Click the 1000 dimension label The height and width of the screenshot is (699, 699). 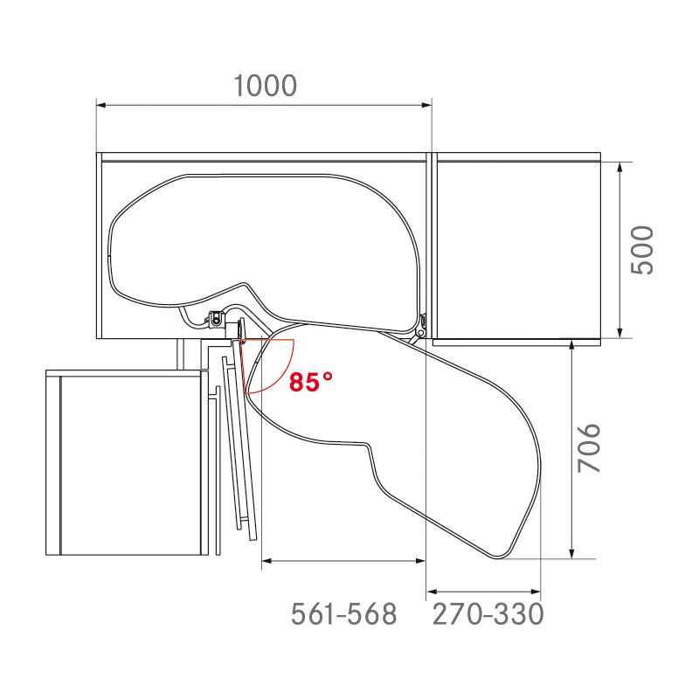(266, 86)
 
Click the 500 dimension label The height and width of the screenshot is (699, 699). (642, 250)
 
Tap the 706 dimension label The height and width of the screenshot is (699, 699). (592, 448)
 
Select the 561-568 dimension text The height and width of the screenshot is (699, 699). (343, 614)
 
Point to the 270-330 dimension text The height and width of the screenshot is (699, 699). (488, 614)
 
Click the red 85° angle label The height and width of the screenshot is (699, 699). (313, 382)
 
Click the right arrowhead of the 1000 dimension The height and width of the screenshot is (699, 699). (427, 106)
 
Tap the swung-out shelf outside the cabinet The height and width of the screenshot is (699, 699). (437, 419)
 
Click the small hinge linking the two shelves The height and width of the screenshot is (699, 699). (421, 325)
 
